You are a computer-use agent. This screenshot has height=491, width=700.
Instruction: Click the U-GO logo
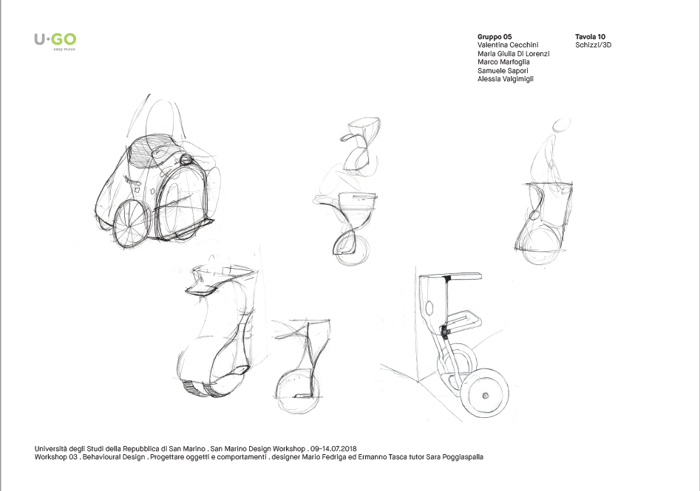[55, 39]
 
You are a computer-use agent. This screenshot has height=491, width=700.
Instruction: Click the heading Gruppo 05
[495, 36]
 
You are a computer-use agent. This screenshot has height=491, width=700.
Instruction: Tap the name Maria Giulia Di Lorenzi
[514, 54]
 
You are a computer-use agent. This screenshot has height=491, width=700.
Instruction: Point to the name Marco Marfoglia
[504, 62]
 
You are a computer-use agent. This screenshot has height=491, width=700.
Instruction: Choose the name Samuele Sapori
[504, 70]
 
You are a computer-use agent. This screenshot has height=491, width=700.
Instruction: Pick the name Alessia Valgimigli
[506, 79]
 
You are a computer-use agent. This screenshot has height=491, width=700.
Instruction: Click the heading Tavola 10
[591, 36]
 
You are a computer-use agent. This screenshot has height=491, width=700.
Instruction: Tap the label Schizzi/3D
[593, 45]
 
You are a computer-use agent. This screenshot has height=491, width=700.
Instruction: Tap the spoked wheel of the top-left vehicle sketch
[133, 221]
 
